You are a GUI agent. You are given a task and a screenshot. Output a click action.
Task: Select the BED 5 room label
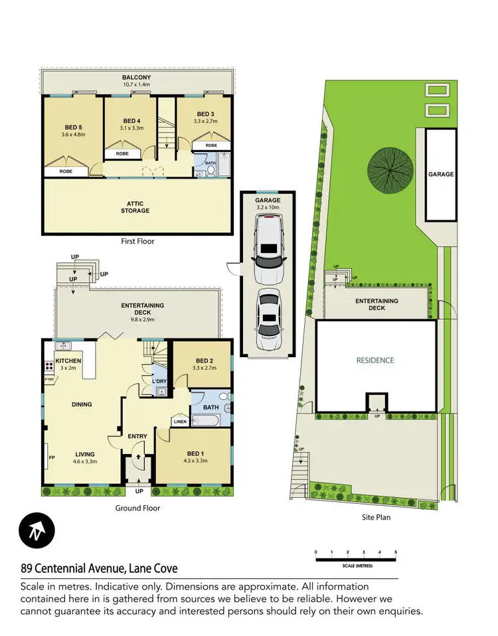click(x=73, y=127)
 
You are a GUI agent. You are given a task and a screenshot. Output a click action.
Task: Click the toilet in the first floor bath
click(x=210, y=170)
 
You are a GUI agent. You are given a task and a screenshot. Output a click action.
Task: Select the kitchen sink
click(x=64, y=346)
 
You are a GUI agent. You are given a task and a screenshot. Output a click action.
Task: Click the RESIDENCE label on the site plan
click(x=375, y=360)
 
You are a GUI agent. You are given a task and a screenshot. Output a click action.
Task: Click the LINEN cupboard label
click(x=180, y=422)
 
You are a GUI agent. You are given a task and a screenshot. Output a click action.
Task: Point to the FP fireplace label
click(x=51, y=457)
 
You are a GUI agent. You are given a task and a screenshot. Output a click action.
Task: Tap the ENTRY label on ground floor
click(x=137, y=436)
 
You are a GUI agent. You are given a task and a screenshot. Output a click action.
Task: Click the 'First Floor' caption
click(x=137, y=242)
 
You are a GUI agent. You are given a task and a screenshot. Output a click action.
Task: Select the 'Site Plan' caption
click(x=376, y=517)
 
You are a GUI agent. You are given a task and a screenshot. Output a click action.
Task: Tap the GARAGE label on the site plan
click(x=440, y=174)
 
